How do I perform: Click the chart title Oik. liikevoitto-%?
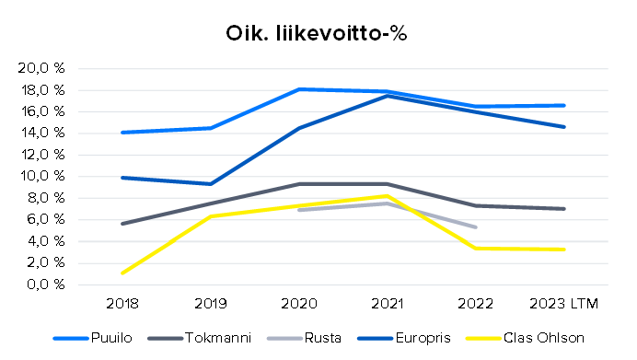(317, 33)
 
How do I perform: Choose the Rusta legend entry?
(323, 337)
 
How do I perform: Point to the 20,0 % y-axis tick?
(41, 69)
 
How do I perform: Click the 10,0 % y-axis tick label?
(41, 177)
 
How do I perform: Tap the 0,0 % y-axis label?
(44, 285)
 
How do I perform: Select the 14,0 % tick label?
(41, 134)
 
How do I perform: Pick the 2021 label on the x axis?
(387, 302)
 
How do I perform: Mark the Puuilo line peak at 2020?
(298, 89)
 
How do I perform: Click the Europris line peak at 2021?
(387, 96)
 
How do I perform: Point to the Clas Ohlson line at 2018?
(122, 273)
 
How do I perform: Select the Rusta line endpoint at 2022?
(475, 226)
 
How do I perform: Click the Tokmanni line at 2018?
(122, 224)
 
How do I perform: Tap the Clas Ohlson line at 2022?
(475, 248)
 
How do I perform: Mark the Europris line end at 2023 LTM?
(563, 127)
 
